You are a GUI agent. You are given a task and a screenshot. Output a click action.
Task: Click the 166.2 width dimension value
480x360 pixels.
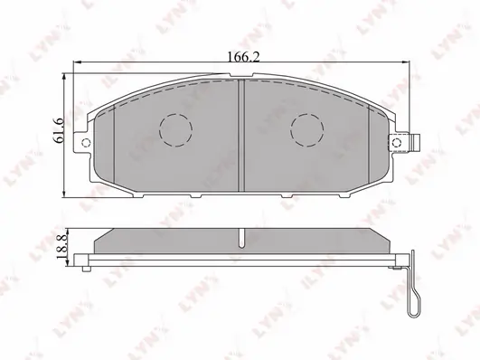244,57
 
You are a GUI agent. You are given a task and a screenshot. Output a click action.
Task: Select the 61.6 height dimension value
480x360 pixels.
58,130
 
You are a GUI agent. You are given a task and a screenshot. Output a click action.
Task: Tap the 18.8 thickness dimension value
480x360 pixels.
62,247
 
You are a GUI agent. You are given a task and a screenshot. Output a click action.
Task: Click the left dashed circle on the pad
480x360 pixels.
175,130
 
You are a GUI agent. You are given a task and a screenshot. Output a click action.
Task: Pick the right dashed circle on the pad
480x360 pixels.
307,130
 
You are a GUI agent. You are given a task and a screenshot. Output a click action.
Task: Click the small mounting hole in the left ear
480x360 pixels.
86,142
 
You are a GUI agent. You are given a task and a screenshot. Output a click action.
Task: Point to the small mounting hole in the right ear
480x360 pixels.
397,142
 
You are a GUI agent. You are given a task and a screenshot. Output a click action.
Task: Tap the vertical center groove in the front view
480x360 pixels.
241,135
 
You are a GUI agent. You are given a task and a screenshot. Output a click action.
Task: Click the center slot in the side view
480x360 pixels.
241,238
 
